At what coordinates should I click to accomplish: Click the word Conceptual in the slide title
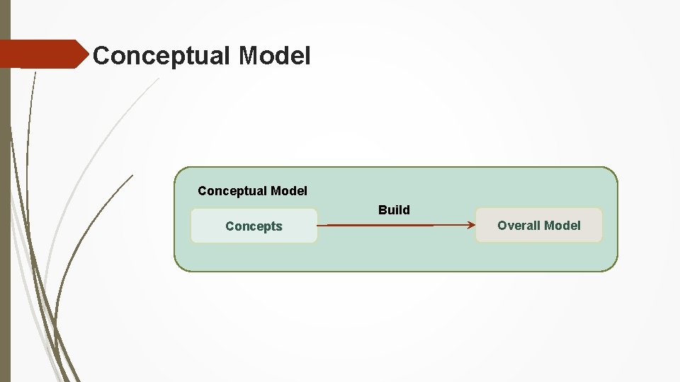162,55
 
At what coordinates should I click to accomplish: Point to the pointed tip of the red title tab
91,54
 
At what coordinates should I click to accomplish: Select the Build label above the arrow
394,210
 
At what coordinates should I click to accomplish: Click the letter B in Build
382,210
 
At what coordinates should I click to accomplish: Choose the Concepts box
254,226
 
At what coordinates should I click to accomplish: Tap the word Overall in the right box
518,226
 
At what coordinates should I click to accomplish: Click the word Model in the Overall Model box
562,226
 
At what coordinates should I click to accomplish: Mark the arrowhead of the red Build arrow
471,226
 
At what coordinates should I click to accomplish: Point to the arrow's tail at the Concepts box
319,226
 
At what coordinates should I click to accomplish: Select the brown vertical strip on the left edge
5,212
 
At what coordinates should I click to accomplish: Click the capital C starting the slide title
101,55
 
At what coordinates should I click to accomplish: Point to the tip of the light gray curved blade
158,79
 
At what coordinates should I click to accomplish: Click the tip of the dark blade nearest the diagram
132,175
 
